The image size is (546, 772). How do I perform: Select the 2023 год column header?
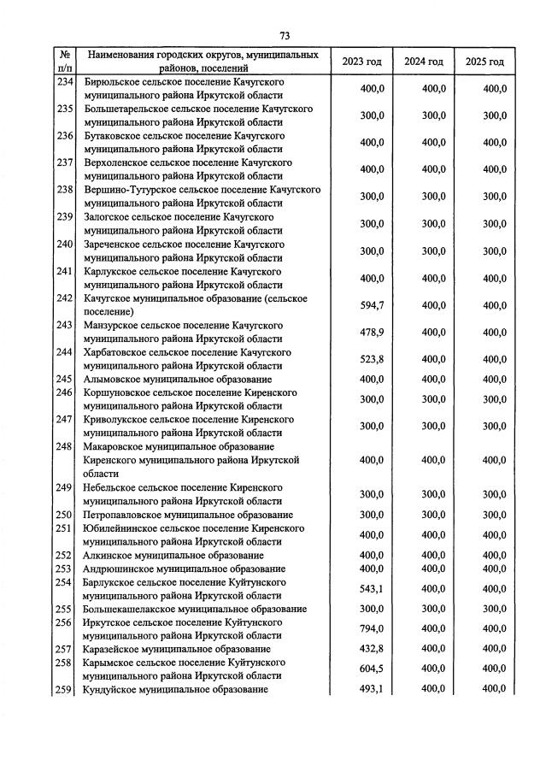361,62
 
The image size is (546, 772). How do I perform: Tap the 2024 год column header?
424,62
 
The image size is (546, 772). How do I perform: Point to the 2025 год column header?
484,62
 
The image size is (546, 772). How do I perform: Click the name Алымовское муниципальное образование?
178,379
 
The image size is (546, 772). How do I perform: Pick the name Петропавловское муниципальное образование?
188,515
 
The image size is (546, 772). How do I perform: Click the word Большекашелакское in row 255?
126,610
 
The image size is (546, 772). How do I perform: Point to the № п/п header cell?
65,62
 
